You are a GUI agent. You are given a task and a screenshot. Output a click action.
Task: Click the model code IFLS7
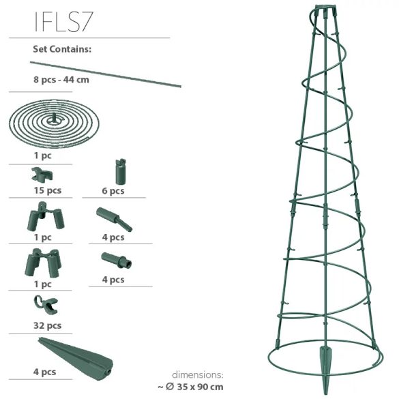coord(63,22)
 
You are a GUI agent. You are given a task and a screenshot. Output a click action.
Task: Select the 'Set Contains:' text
coord(62,49)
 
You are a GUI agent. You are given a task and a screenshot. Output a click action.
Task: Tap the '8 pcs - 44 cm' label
coord(61,80)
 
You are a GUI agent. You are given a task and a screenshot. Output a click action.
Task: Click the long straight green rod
coord(106,74)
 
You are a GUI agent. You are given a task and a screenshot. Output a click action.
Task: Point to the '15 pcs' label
coord(48,190)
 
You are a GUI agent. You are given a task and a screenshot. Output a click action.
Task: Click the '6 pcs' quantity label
coord(113,191)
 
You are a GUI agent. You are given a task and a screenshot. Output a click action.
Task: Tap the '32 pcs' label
coord(47,325)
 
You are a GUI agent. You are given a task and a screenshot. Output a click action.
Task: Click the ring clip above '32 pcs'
coord(46,305)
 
